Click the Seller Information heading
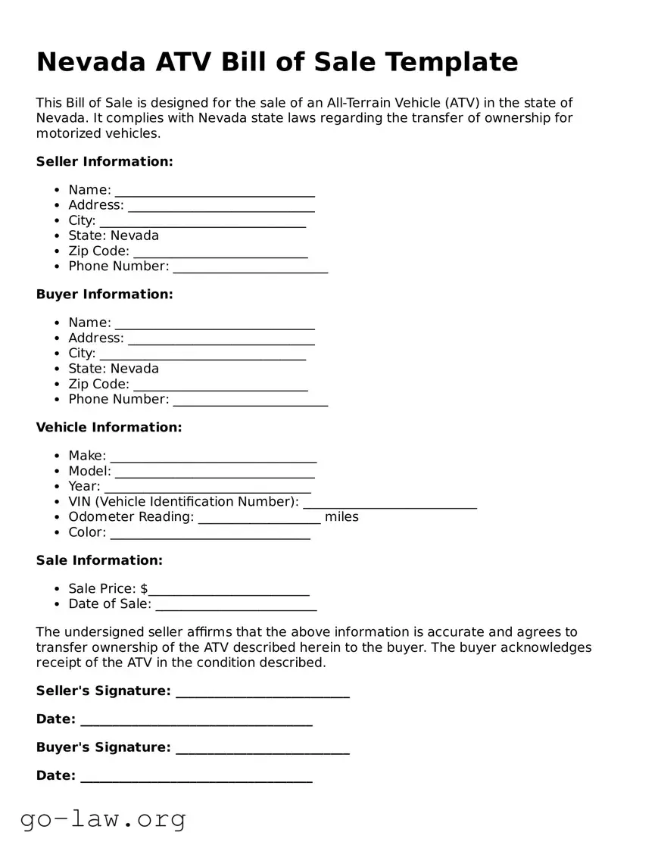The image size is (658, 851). coord(104,161)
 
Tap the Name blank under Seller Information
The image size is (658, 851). coord(214,191)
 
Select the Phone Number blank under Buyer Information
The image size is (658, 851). coord(251,401)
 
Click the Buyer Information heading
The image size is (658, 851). coord(104,294)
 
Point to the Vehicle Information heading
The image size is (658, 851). coord(109,427)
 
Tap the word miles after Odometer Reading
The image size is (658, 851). coord(341,517)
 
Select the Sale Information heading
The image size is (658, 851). coord(99,560)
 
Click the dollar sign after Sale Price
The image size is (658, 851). coord(144,589)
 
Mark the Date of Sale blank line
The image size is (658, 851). coord(235,605)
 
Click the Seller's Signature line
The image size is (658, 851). coord(262,692)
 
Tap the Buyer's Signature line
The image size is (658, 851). coord(262,749)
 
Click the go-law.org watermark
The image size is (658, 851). coord(103,819)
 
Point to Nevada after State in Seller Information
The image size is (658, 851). coord(135,235)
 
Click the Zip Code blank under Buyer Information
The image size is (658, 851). coord(220,385)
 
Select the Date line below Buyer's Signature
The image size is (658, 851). coord(196,777)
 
